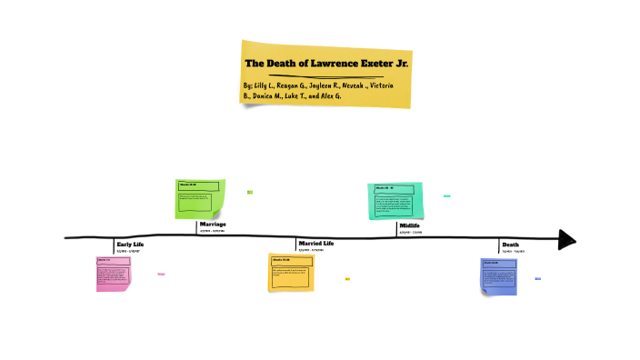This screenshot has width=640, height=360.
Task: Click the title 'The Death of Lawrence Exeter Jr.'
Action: (x=326, y=64)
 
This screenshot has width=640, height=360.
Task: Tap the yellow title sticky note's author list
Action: (x=326, y=90)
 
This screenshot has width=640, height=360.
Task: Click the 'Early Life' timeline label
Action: (x=130, y=245)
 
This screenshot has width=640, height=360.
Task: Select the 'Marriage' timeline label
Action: (x=212, y=224)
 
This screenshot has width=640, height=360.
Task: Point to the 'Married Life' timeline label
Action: (x=317, y=244)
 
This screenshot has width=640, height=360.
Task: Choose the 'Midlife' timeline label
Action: (x=409, y=225)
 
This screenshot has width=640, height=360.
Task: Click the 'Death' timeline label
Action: (x=511, y=245)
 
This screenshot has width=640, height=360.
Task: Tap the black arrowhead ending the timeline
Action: (x=567, y=239)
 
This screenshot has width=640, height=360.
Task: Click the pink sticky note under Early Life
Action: (x=114, y=274)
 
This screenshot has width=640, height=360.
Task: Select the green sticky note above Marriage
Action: (x=199, y=199)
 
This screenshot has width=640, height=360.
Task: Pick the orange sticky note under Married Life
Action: (x=291, y=273)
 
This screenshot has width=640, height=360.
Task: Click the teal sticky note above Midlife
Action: (x=395, y=200)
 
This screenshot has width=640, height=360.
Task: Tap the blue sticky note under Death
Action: (x=499, y=275)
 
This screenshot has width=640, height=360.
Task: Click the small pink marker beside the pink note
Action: (x=161, y=273)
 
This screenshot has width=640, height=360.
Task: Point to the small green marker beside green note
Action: (x=250, y=192)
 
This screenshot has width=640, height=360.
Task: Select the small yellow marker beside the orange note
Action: (x=347, y=279)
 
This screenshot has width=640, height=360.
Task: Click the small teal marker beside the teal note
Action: (x=446, y=195)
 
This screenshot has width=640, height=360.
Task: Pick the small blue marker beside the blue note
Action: (x=537, y=279)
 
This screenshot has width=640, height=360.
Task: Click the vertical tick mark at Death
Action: (x=499, y=246)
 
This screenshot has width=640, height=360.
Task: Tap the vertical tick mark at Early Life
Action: (x=114, y=246)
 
